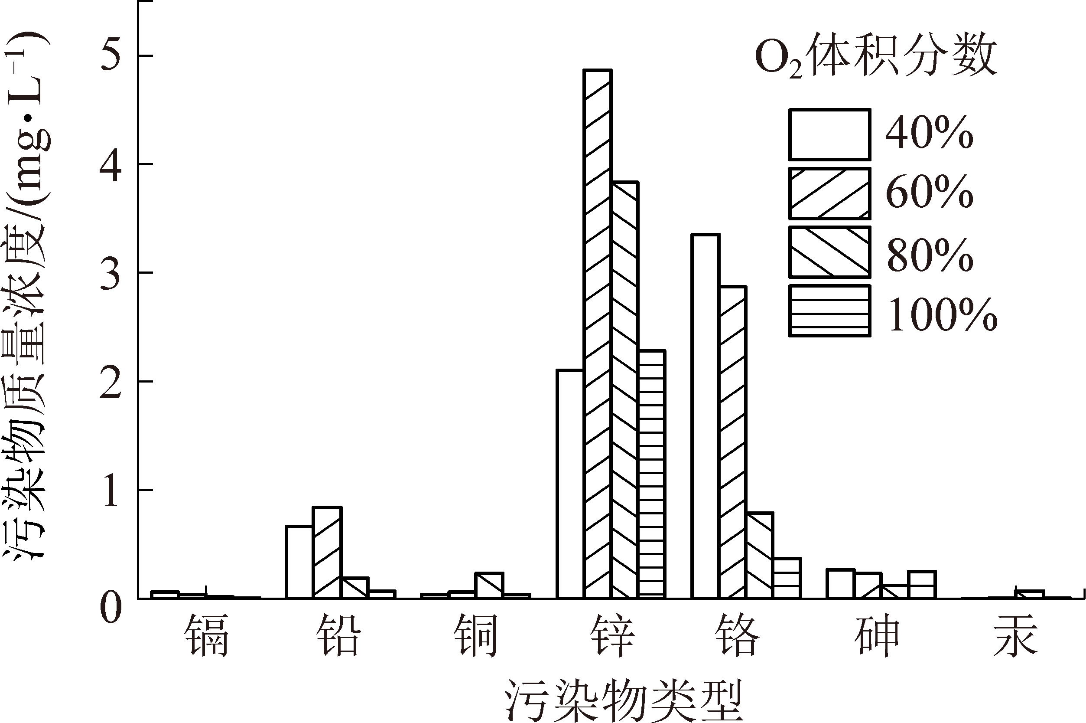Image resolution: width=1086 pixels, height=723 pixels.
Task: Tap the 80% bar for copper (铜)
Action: pos(489,585)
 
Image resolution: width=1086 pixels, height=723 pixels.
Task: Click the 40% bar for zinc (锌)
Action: pos(570,484)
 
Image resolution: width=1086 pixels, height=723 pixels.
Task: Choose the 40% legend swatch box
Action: pos(829,134)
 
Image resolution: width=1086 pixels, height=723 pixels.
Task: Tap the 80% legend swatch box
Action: pos(829,252)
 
